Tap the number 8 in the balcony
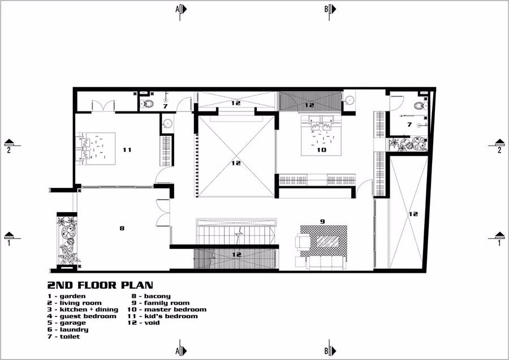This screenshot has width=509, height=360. [122, 228]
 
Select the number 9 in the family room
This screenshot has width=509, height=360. [322, 221]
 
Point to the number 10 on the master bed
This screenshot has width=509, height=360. [321, 150]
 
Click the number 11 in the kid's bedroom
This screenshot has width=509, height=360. [127, 150]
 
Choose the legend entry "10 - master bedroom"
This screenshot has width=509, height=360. [166, 310]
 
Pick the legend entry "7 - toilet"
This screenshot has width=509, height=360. [63, 337]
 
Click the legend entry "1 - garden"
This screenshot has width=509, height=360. [66, 296]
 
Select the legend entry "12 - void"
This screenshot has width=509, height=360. [144, 323]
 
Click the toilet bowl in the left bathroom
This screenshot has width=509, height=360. [148, 104]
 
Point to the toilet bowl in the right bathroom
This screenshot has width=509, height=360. [419, 105]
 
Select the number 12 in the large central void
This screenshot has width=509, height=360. [236, 163]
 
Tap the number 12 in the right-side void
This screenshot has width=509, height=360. [413, 214]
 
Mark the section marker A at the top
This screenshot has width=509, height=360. [180, 9]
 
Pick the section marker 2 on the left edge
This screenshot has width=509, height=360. [8, 146]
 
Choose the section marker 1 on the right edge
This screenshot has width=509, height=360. [499, 239]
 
